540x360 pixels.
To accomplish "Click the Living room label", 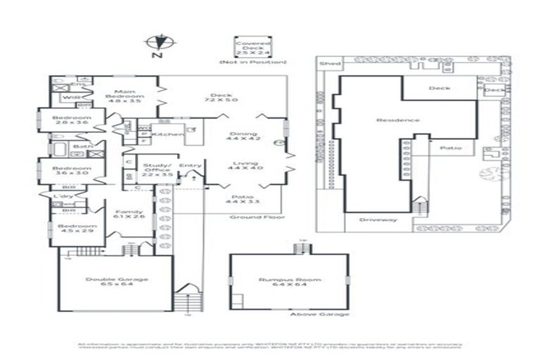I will [243, 167].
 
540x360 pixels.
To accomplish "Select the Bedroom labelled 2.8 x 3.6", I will [72, 120].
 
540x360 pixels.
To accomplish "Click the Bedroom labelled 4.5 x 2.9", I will [72, 229].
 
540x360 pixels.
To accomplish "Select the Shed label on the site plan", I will [329, 64].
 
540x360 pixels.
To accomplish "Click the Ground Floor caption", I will [250, 217].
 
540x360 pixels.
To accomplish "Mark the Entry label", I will [190, 165].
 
